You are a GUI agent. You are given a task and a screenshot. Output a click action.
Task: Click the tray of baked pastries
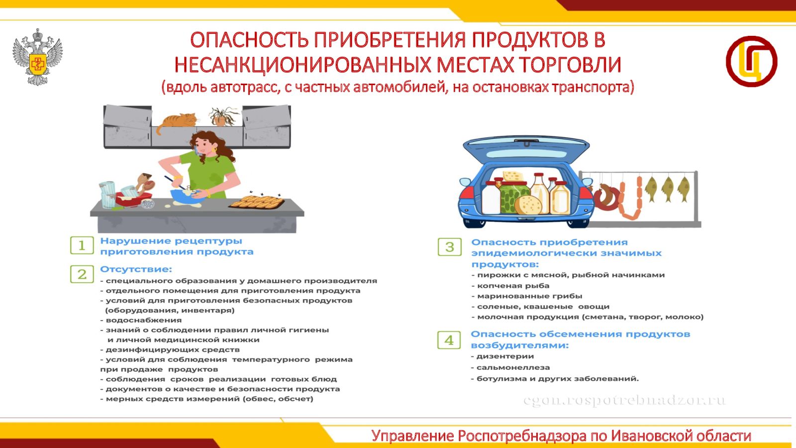(257, 202)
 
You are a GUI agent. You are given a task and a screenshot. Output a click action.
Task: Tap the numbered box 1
(82, 245)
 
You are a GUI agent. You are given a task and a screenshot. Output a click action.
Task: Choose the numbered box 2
(82, 274)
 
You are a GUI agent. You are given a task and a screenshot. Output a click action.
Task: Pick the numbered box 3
(450, 247)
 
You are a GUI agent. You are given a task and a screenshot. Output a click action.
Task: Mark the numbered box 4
(449, 340)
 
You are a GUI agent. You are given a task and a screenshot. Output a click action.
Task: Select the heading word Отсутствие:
(136, 269)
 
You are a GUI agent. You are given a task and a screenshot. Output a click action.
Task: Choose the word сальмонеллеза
(513, 368)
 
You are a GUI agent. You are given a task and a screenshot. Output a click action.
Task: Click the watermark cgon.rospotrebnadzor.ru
(625, 400)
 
